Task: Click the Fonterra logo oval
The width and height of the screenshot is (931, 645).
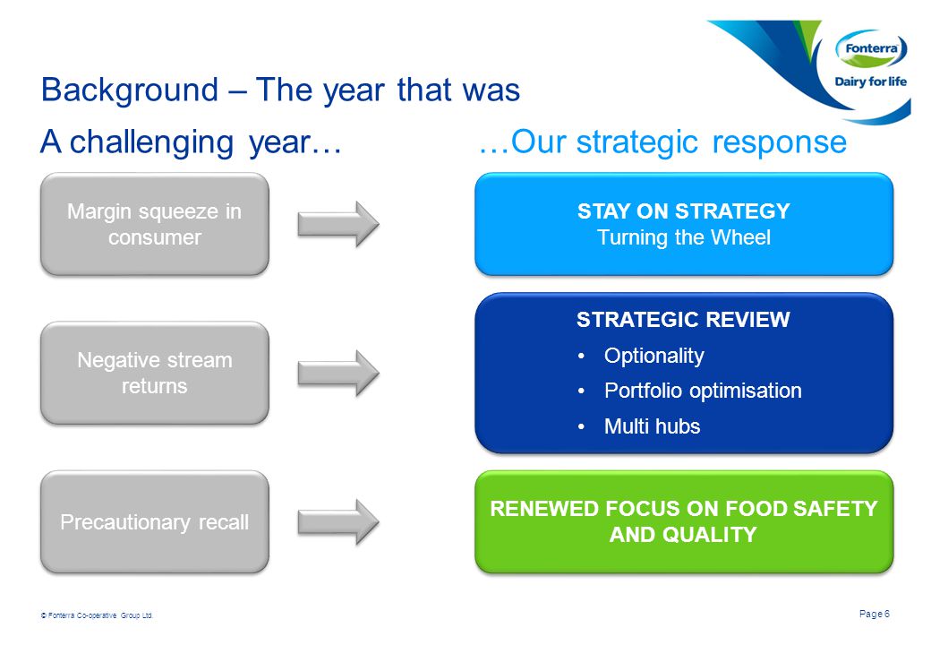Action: (871, 48)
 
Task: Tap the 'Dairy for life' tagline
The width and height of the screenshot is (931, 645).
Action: (870, 82)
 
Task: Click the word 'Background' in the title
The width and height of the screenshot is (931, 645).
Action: (130, 90)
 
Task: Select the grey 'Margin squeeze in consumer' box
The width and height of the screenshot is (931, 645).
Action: (154, 224)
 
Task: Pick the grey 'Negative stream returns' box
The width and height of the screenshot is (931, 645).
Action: (154, 373)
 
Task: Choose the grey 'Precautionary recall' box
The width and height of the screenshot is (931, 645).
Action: (154, 522)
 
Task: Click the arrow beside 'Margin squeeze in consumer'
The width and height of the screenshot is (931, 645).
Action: (338, 224)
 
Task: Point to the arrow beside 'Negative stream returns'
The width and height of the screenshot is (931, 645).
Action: (338, 373)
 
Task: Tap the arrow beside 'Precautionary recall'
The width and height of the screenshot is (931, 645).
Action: (338, 522)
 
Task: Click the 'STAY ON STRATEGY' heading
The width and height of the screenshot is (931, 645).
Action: (683, 211)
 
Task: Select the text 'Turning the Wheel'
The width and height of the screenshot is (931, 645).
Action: (683, 237)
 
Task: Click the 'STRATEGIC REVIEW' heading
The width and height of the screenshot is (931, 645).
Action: (683, 320)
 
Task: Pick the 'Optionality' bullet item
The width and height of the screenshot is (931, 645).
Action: (653, 355)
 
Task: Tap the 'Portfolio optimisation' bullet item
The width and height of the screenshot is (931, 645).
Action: (703, 391)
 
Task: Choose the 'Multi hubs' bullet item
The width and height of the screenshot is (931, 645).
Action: (652, 426)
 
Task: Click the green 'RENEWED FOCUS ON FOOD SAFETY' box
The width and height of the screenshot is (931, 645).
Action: (684, 522)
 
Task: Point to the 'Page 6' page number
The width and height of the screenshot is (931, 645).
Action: (875, 614)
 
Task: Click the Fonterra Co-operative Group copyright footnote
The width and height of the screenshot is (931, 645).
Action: (97, 615)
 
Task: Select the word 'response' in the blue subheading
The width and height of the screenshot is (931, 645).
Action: (779, 142)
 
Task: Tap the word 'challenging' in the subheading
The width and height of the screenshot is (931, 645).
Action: (151, 142)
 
